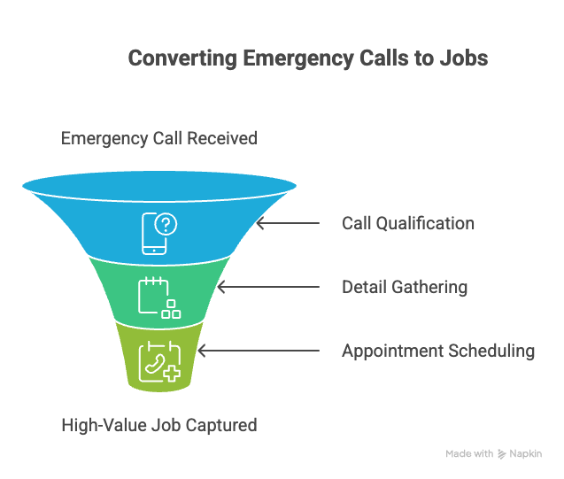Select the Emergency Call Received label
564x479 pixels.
(x=158, y=138)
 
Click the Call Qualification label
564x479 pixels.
(x=408, y=223)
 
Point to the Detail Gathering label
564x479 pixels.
(x=405, y=287)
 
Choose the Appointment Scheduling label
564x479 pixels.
(x=438, y=351)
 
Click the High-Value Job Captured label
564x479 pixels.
(x=158, y=425)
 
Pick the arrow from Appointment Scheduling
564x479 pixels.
(x=257, y=352)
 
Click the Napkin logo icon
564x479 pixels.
(x=502, y=453)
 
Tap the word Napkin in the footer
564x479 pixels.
(x=526, y=453)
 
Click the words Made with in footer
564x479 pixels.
(x=469, y=453)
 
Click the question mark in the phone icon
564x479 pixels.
(x=166, y=225)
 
